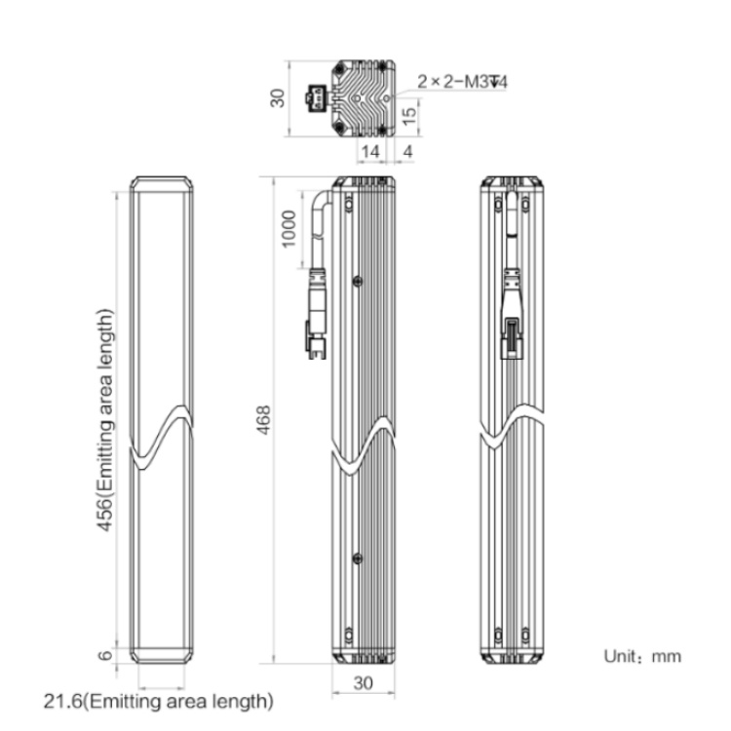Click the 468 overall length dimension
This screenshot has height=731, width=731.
point(264,419)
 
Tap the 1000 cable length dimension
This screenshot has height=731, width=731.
point(289,229)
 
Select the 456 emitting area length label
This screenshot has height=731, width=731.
point(105,419)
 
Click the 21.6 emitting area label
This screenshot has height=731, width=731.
point(159,701)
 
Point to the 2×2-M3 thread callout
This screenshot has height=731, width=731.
point(462,82)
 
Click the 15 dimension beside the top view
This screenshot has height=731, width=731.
point(408,117)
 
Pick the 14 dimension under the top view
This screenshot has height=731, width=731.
point(370,151)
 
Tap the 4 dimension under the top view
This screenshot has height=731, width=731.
point(408,151)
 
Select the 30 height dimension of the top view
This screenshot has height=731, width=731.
point(278,97)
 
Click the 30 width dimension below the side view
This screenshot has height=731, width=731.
point(364,683)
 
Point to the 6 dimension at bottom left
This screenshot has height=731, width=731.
point(105,655)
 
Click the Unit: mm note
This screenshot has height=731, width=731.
point(642,656)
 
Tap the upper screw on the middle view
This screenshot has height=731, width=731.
point(358,281)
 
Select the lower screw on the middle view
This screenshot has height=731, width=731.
point(358,558)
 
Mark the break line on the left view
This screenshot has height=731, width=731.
point(161,437)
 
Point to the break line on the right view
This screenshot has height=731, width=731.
point(512,426)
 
